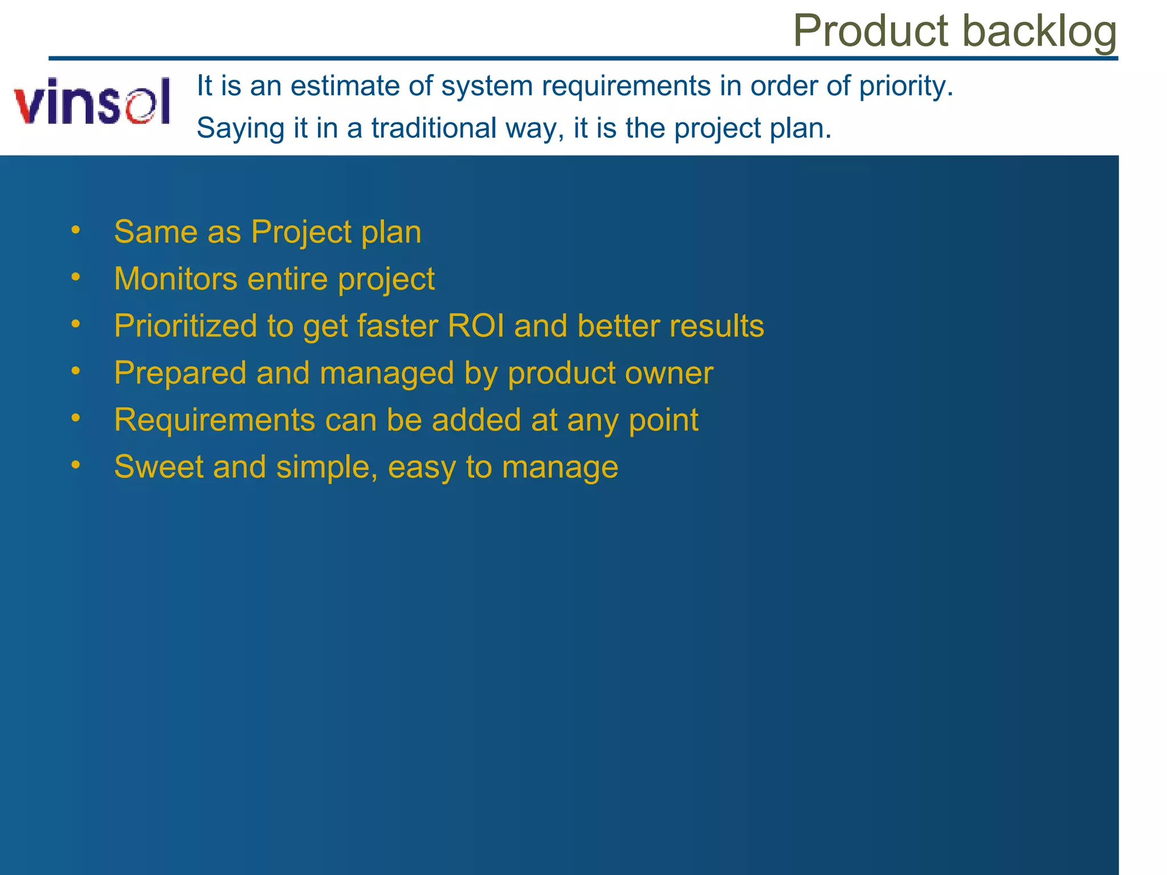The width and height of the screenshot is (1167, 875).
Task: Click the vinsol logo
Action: [x=92, y=101]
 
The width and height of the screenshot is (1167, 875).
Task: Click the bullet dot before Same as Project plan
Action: [x=76, y=231]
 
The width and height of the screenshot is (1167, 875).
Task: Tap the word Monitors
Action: [x=176, y=279]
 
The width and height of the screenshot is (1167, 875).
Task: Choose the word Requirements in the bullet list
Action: [x=214, y=420]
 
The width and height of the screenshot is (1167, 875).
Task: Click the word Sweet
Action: [x=158, y=467]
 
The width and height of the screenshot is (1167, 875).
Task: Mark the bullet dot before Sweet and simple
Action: [x=76, y=465]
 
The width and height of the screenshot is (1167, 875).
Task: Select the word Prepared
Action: [x=180, y=374]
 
